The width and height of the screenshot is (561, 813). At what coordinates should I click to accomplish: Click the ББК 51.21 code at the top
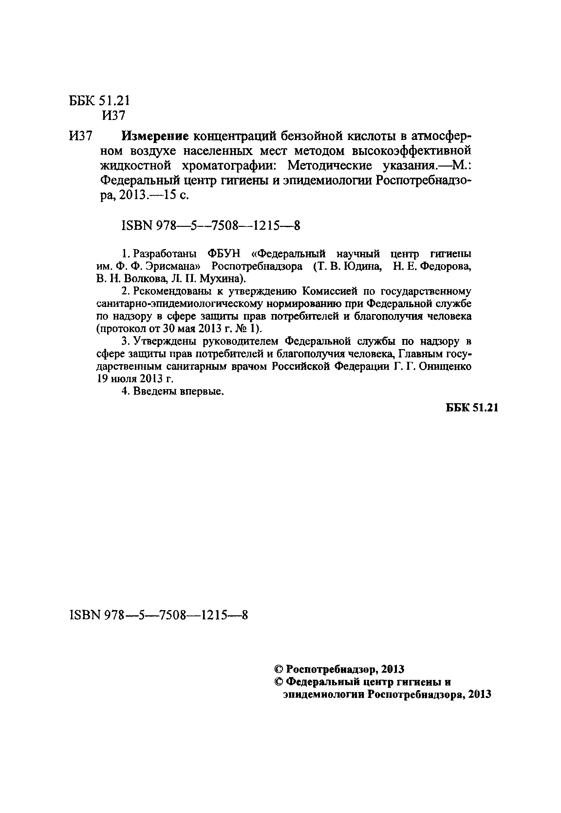click(x=99, y=101)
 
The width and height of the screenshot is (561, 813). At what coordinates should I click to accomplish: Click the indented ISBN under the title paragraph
click(x=210, y=226)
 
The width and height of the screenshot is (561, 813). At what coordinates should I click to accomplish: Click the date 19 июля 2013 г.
click(x=135, y=379)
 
